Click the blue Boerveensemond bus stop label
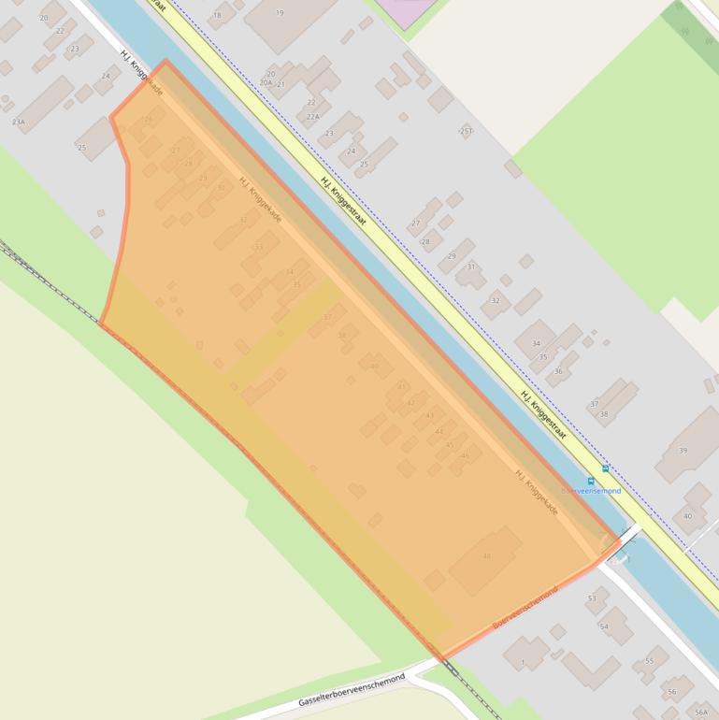[x=591, y=490]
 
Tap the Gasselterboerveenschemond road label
[x=352, y=690]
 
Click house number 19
[x=280, y=13]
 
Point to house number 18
[x=218, y=16]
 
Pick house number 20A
[x=266, y=83]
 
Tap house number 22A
[x=313, y=116]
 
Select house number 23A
[x=19, y=122]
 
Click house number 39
[x=683, y=451]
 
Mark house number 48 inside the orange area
[x=486, y=556]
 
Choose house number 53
[x=592, y=598]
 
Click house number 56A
[x=701, y=713]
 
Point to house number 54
[x=604, y=626]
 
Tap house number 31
[x=471, y=267]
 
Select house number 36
[x=558, y=371]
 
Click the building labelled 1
[x=523, y=663]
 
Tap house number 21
[x=280, y=84]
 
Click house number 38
[x=604, y=414]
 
